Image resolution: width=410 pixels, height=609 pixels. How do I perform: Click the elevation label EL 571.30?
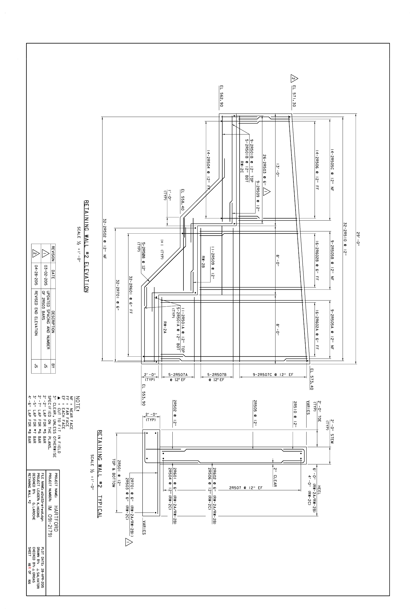[294, 96]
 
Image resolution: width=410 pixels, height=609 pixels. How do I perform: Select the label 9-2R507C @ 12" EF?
[273, 374]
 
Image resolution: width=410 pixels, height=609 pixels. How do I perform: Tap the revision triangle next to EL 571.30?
[294, 78]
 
